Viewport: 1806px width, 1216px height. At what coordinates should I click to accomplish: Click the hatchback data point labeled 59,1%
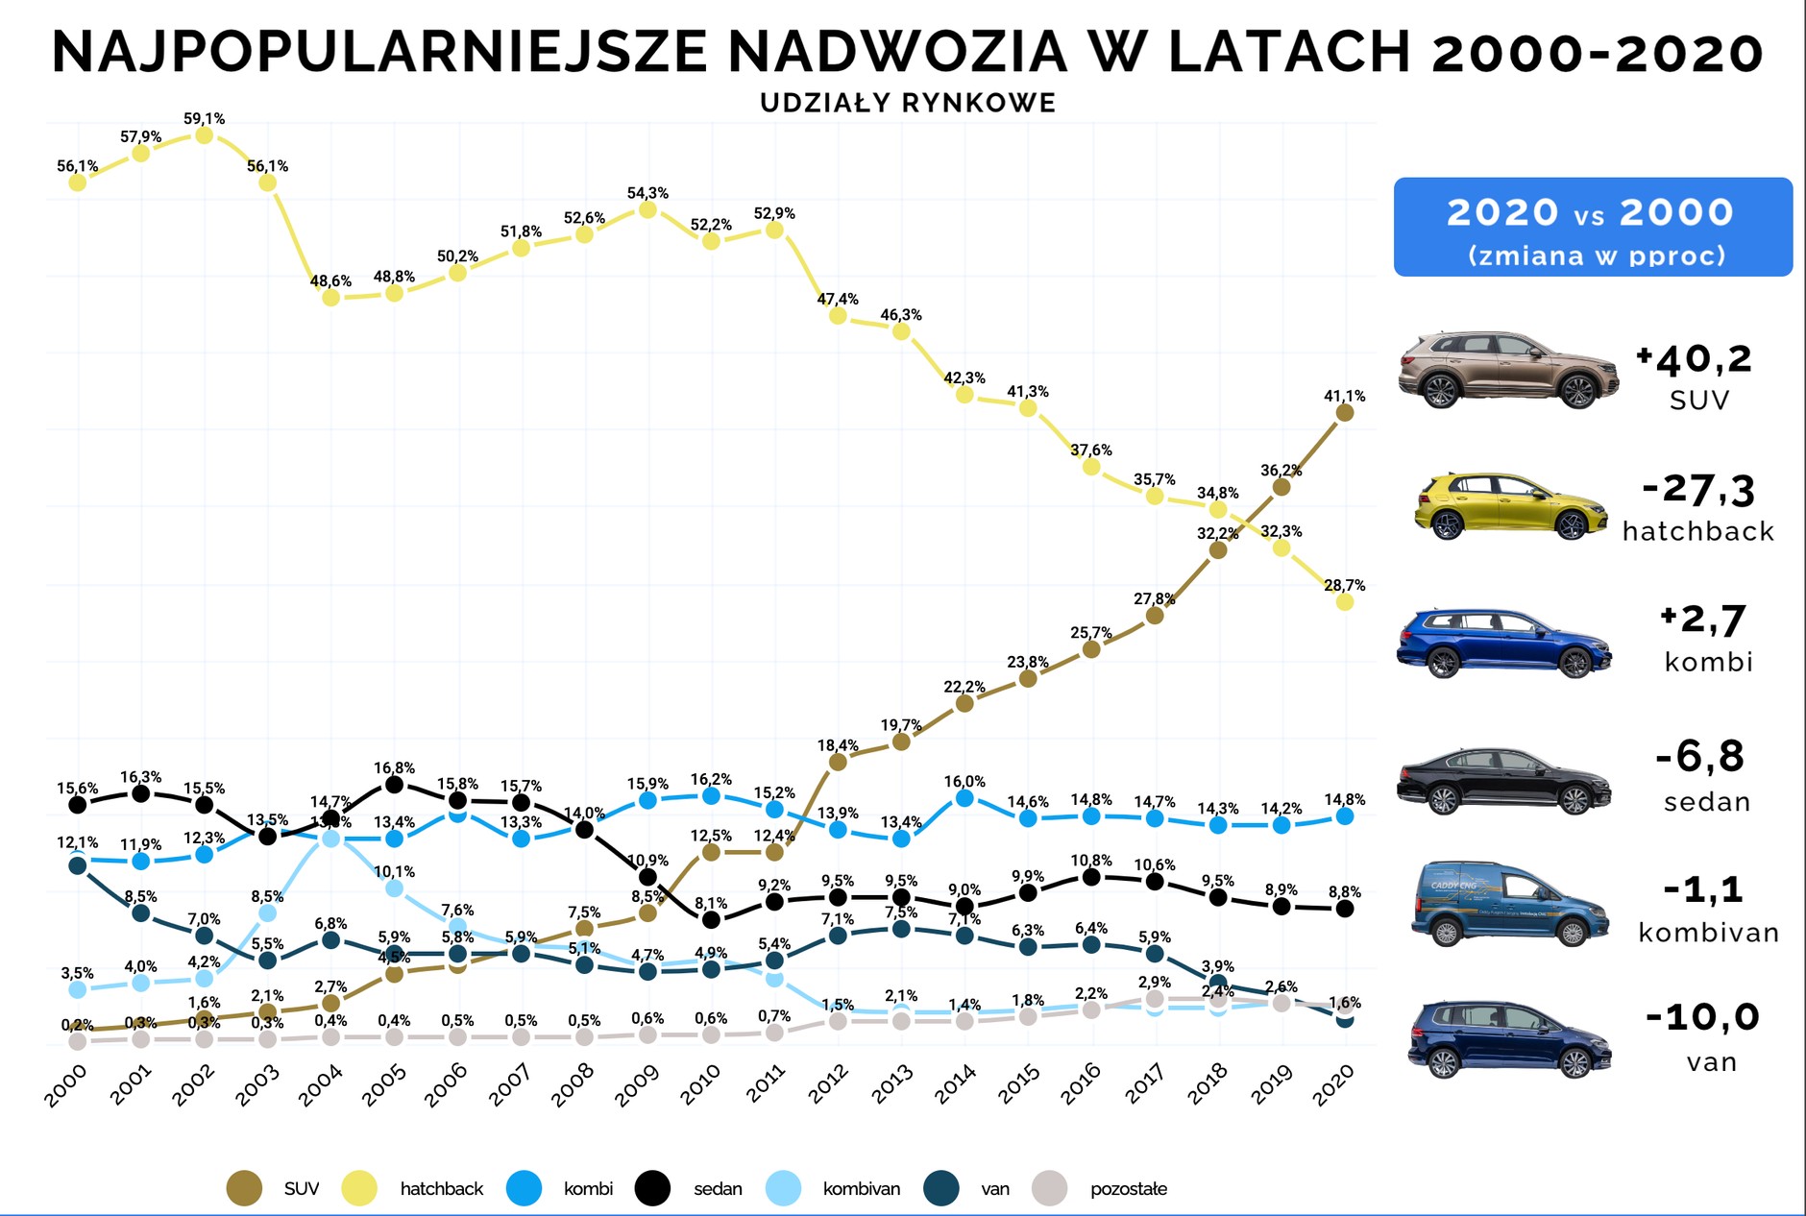point(204,135)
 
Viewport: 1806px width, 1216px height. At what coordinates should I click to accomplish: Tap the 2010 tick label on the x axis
point(700,1085)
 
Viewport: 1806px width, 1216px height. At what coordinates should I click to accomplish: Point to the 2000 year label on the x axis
point(66,1085)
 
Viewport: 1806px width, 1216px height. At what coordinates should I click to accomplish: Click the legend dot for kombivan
point(784,1188)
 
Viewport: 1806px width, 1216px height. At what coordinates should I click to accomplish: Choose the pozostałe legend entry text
point(1128,1188)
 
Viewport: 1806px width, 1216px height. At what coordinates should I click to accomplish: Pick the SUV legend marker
point(244,1188)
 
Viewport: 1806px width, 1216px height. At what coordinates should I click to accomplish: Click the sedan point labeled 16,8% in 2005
point(394,785)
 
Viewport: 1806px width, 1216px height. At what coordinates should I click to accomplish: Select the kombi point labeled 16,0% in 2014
point(964,798)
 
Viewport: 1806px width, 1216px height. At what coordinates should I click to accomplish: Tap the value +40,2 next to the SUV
point(1695,360)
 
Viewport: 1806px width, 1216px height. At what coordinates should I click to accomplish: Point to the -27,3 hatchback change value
point(1698,491)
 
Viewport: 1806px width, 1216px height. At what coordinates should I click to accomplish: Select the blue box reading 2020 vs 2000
point(1592,228)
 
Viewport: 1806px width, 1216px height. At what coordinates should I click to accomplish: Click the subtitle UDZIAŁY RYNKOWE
point(908,103)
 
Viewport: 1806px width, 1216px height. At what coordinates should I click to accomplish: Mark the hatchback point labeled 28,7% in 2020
point(1345,601)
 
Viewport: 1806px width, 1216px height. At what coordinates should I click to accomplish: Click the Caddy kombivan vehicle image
point(1509,904)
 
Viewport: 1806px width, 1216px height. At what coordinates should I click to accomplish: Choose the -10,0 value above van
point(1701,1016)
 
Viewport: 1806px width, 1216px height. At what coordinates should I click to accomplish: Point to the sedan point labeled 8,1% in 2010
point(711,919)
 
